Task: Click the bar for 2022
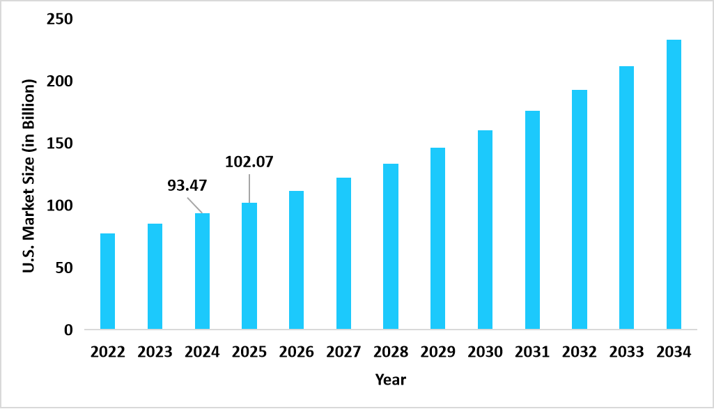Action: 107,281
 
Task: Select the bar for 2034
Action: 674,185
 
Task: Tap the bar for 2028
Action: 391,246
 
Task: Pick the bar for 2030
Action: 485,229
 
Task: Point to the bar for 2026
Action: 296,260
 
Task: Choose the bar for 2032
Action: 580,209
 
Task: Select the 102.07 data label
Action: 249,162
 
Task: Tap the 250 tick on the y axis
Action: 59,20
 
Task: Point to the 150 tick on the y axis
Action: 59,144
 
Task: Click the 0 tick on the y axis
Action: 68,330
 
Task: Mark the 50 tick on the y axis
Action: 63,268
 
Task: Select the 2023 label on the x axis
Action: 155,352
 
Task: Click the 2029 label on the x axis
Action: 437,352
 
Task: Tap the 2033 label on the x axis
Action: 626,352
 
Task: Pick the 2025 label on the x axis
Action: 249,352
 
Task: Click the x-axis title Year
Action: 390,380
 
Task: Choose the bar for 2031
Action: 532,219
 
